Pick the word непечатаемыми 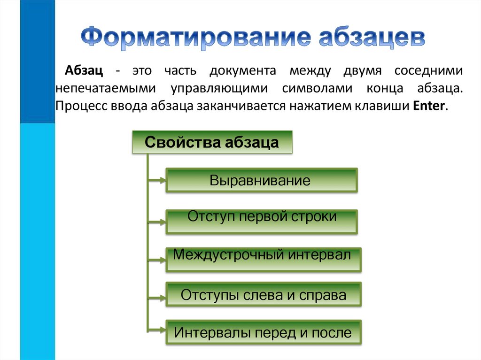105,88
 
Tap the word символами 315,88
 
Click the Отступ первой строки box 262,222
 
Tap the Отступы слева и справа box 263,295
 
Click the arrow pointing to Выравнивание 157,179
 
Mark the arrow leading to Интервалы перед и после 157,331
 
